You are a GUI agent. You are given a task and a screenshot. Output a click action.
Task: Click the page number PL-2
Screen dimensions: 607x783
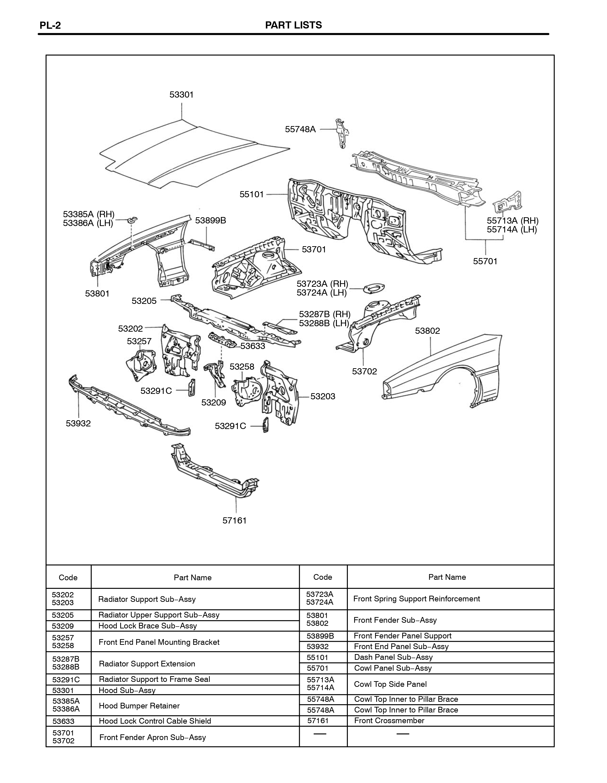tap(50, 25)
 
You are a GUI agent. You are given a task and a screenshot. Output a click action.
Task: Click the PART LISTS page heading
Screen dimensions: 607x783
tap(293, 25)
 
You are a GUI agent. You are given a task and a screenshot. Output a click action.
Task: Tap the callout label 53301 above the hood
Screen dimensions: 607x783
tap(182, 95)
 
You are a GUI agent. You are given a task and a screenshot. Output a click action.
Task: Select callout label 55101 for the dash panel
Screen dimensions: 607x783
tap(252, 194)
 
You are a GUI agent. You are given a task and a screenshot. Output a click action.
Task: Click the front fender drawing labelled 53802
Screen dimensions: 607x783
tap(442, 371)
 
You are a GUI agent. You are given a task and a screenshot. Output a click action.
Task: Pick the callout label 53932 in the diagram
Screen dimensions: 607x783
tap(78, 423)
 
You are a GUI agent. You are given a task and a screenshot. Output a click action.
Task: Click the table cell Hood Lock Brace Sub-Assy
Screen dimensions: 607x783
tap(148, 626)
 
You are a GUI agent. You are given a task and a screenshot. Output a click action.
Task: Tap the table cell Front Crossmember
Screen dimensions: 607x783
tap(389, 721)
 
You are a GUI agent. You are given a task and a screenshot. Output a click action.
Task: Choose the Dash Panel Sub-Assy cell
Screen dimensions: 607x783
tap(393, 657)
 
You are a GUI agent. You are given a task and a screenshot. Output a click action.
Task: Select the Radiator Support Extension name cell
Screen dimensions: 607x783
tap(147, 664)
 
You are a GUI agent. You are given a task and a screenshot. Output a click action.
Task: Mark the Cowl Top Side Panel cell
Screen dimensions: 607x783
tap(391, 684)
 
